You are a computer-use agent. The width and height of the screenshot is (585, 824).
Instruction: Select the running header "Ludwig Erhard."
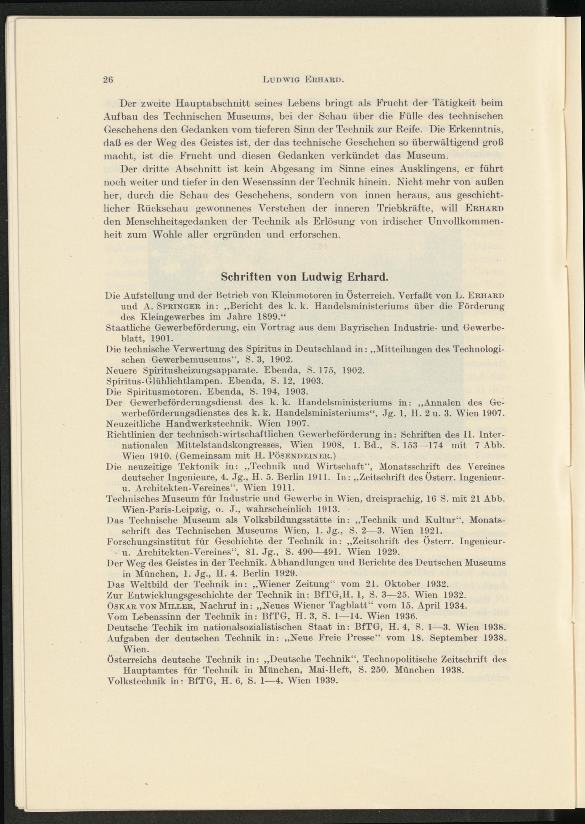305,80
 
